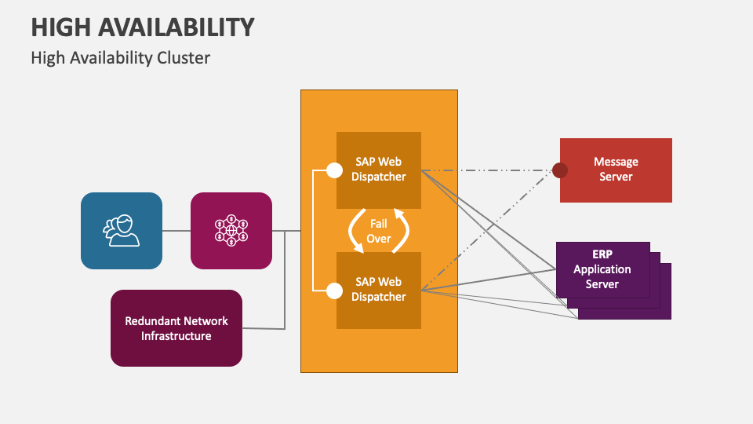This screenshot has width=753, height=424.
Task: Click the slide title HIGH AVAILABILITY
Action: tap(143, 27)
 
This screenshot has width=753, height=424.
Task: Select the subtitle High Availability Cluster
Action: tap(121, 58)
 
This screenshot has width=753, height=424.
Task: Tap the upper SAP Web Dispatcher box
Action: tap(379, 169)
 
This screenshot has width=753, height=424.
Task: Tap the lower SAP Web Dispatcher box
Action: tap(379, 290)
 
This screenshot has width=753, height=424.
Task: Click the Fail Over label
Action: tap(379, 231)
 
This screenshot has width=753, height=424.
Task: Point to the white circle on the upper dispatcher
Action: tap(334, 170)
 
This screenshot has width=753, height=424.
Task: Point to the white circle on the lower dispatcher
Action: tap(334, 291)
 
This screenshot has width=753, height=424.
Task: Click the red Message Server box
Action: tap(616, 170)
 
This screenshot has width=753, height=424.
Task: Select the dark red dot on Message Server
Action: tap(559, 170)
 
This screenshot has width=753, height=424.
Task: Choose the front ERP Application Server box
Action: tap(602, 269)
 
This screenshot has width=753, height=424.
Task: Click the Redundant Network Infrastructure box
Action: tap(176, 328)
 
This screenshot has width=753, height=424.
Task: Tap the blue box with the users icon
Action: tap(122, 231)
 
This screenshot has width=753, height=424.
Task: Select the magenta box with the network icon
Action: tap(231, 231)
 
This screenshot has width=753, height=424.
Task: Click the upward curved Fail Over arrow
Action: tap(402, 229)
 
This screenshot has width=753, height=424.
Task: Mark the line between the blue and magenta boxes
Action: tap(176, 231)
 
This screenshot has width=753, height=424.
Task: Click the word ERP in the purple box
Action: tap(602, 255)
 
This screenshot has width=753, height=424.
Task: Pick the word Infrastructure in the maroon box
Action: tap(176, 336)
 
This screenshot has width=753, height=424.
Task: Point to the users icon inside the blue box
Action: tap(122, 231)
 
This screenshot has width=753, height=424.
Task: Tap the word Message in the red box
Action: tap(616, 162)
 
